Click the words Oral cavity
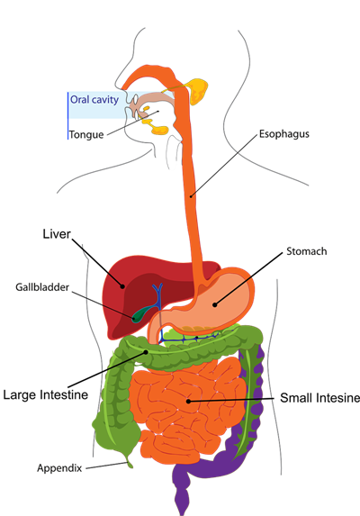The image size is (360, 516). tap(94, 100)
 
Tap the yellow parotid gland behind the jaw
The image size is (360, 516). tap(196, 89)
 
